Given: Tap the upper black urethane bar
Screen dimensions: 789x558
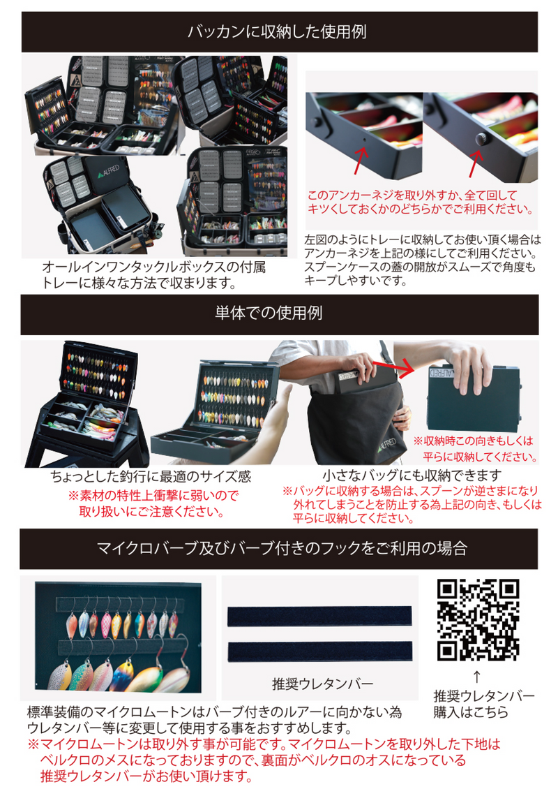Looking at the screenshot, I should coord(319,616).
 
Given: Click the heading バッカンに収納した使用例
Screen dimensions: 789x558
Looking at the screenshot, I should coord(278,32).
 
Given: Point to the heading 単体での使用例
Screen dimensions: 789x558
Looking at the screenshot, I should coord(278,314).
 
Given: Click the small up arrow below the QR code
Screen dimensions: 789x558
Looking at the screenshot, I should coord(477,676).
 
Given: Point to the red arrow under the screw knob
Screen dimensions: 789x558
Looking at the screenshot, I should coord(474,165).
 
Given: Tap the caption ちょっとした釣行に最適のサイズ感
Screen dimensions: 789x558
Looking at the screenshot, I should coord(151,477).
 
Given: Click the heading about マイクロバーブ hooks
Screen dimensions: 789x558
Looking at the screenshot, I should coord(278,548).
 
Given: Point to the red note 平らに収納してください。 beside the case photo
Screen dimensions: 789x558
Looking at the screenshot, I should coord(474,457).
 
